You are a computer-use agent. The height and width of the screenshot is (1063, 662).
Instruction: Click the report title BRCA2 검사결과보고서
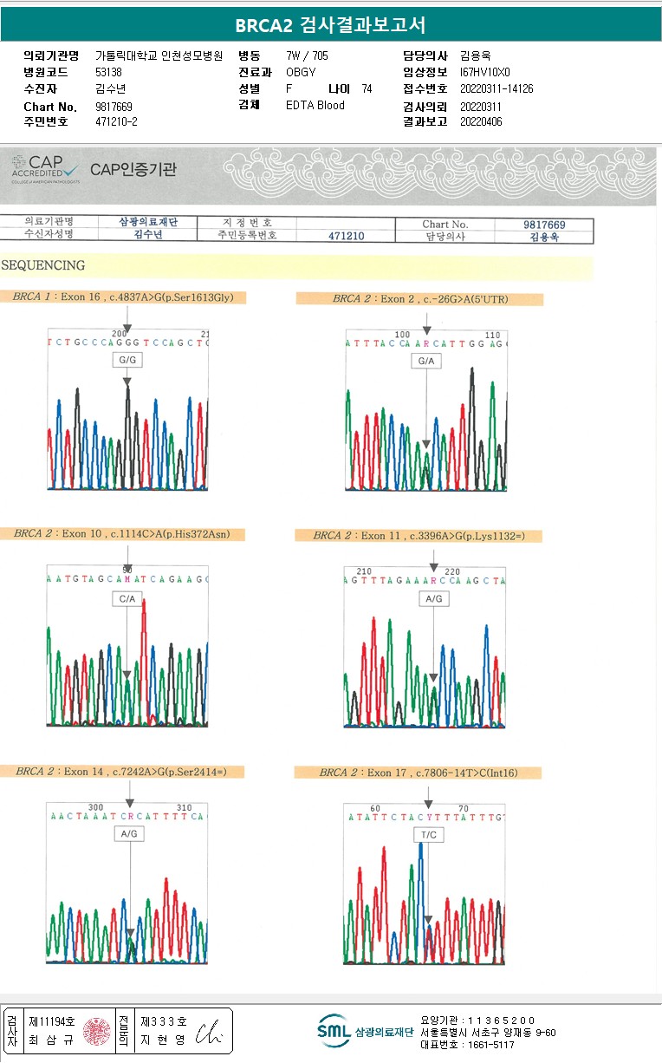click(330, 25)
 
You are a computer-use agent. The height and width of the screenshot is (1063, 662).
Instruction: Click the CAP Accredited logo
click(45, 168)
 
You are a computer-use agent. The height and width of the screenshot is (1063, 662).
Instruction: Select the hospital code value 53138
click(108, 73)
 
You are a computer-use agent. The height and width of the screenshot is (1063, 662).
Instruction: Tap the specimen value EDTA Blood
click(315, 106)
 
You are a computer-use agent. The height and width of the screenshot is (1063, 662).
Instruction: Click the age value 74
click(367, 89)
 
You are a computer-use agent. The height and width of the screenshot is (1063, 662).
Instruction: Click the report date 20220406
click(481, 122)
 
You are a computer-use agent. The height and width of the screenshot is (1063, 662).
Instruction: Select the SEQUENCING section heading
click(43, 265)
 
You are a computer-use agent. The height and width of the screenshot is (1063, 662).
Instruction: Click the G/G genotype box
click(127, 360)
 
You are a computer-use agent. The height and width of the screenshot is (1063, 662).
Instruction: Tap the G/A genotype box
click(425, 361)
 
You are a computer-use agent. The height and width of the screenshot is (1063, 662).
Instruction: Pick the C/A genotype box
click(127, 599)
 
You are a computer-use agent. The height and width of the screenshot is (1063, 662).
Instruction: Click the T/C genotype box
click(429, 835)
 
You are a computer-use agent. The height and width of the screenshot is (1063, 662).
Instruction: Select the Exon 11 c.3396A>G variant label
click(419, 536)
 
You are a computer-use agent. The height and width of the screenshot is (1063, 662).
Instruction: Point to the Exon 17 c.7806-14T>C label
click(418, 773)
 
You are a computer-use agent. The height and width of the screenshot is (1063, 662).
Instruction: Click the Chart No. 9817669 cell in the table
click(543, 225)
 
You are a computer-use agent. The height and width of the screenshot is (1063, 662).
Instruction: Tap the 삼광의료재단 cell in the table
click(147, 222)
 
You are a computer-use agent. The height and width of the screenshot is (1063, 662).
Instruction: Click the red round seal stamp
click(97, 1031)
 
